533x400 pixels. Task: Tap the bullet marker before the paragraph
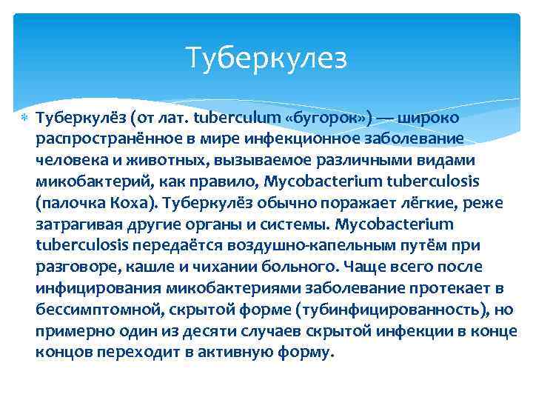22,119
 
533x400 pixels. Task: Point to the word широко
429,118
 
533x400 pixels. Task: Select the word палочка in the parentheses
70,201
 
